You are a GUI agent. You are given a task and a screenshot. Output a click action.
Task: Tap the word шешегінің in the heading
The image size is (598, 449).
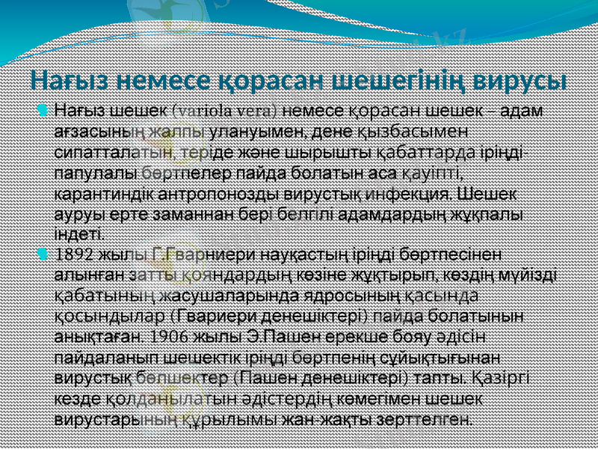point(385,79)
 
